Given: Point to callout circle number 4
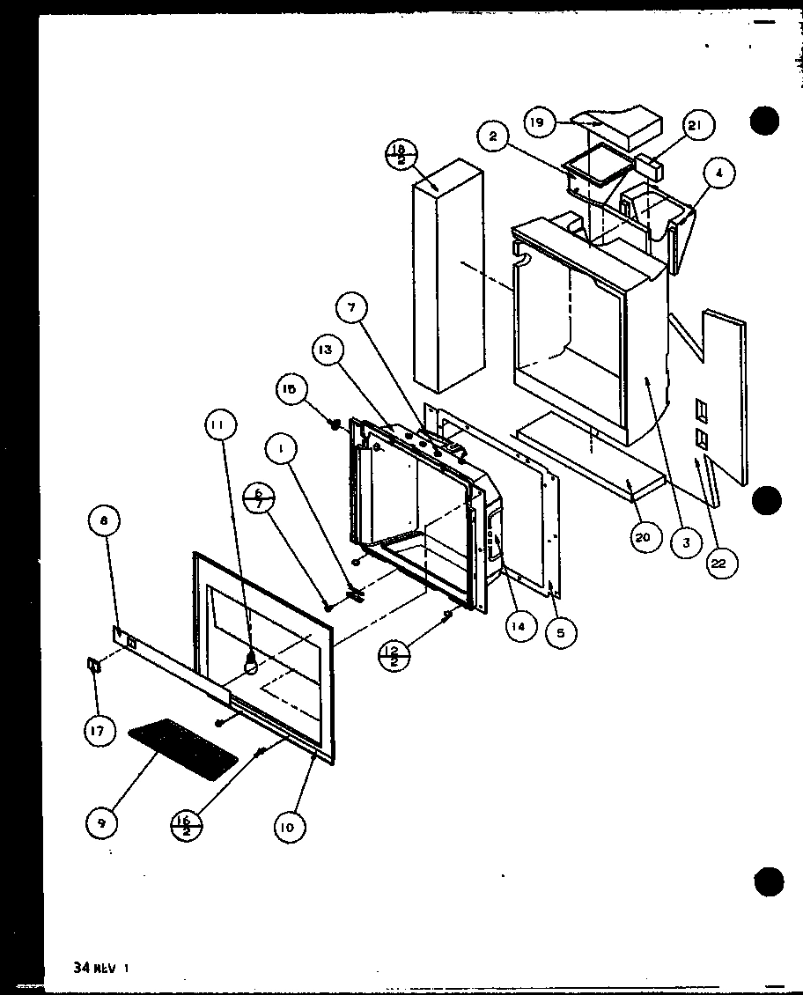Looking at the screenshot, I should (719, 173).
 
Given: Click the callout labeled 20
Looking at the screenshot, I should (647, 537).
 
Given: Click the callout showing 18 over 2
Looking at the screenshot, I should (401, 157).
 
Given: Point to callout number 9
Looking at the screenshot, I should (103, 822).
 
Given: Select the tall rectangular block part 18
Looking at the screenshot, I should (448, 277).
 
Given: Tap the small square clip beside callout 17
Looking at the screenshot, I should (93, 667).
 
